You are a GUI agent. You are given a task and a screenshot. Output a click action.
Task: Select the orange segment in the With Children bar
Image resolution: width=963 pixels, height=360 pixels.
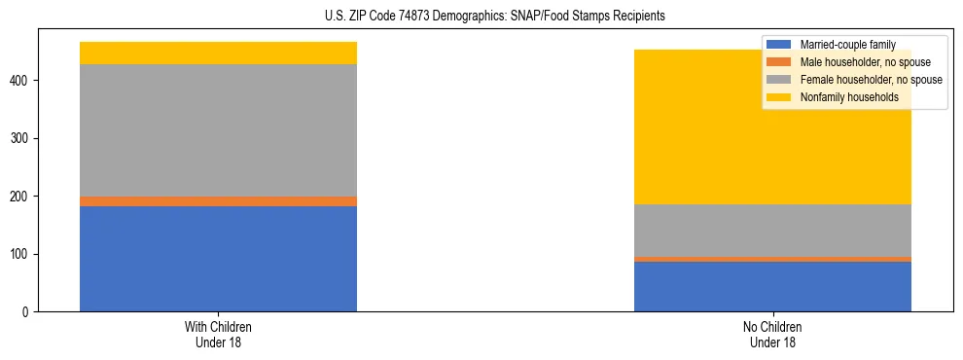point(218,201)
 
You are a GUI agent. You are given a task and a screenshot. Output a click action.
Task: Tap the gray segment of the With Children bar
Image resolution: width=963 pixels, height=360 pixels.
point(218,130)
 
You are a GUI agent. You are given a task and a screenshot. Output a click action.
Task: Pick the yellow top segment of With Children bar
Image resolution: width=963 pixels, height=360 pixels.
point(218,54)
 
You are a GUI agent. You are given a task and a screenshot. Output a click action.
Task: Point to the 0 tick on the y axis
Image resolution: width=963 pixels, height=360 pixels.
point(32,312)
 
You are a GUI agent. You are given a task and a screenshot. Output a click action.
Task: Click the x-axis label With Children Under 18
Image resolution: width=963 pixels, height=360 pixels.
point(218,335)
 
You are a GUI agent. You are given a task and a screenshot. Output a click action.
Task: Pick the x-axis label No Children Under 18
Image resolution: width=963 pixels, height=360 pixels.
point(772,335)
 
